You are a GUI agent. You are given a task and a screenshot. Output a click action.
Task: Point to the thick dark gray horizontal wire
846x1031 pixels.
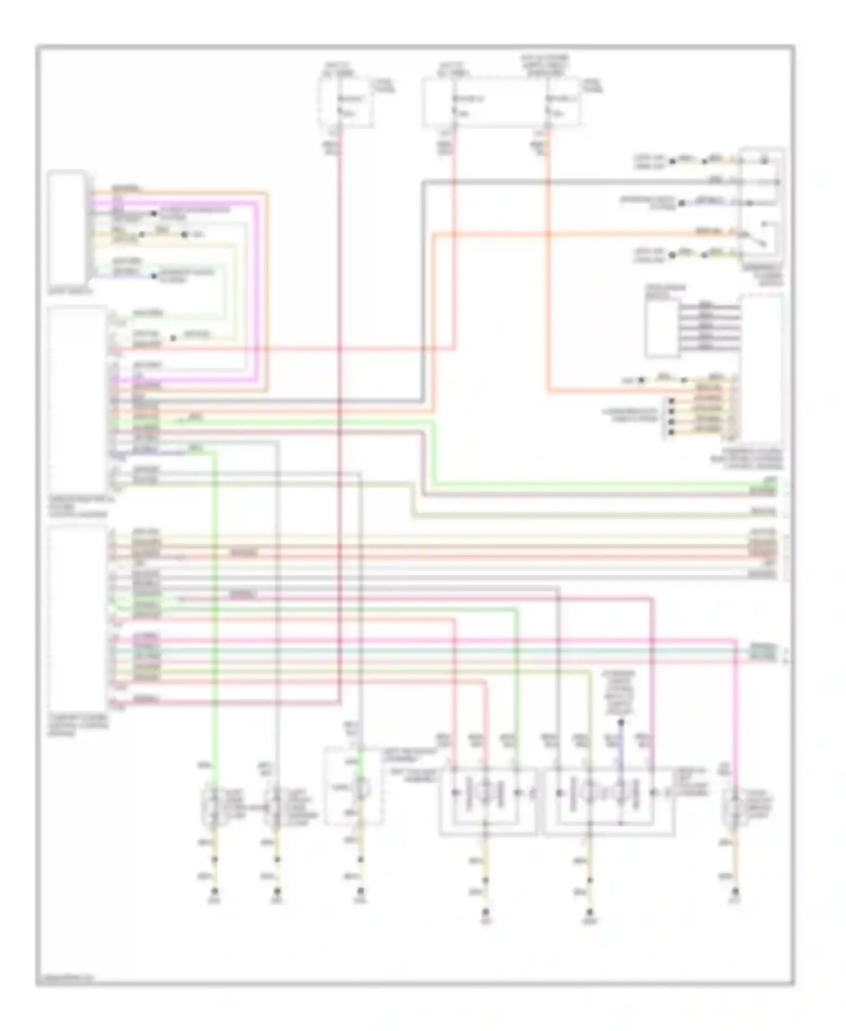[x=564, y=182]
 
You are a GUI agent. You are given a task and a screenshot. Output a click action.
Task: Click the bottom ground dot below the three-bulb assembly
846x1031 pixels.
[x=589, y=912]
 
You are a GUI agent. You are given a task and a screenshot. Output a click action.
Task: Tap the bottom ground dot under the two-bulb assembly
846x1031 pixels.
[x=486, y=912]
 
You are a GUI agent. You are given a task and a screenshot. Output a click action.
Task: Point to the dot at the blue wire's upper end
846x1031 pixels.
[x=621, y=722]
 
